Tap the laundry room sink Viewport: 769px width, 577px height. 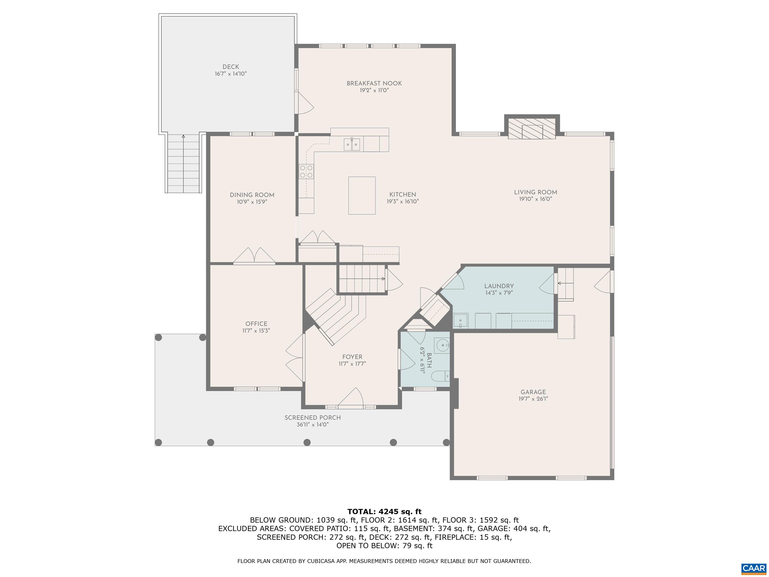tap(461, 321)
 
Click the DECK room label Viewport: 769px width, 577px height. tap(231, 67)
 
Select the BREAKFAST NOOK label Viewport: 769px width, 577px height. tap(374, 83)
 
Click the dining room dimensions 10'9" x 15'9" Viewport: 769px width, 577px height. tap(252, 202)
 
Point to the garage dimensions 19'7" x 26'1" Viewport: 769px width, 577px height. tap(533, 399)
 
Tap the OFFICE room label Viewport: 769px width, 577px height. tap(256, 324)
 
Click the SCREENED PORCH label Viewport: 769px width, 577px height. tap(313, 418)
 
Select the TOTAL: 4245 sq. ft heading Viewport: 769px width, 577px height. tap(384, 512)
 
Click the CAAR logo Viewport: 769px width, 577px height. tap(753, 568)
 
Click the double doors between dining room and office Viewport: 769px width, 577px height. tap(255, 256)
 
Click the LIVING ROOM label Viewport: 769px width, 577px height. tap(535, 192)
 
